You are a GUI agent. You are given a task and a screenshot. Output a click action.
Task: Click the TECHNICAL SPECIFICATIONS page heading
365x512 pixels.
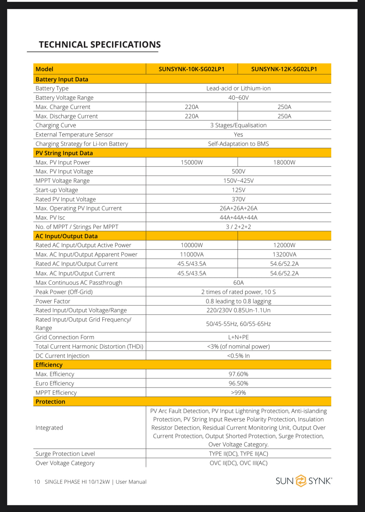100,45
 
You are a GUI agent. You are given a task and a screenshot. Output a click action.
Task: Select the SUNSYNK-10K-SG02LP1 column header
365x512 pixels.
191,69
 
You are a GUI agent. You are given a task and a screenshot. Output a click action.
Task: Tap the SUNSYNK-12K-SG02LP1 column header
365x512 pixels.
284,69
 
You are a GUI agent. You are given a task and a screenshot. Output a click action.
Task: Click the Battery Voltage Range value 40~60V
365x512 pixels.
238,98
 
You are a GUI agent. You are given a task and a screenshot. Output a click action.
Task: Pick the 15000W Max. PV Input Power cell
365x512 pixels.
192,162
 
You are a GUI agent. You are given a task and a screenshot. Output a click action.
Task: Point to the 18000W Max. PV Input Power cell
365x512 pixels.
284,162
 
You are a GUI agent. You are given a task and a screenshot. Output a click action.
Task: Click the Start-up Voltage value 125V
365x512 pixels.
238,190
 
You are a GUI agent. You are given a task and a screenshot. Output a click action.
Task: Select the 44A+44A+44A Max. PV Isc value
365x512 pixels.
238,218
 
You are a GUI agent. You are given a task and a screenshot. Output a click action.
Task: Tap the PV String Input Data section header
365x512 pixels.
64,153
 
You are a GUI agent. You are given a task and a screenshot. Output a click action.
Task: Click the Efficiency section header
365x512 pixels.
49,365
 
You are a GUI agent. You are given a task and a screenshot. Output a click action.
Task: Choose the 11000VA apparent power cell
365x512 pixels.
192,254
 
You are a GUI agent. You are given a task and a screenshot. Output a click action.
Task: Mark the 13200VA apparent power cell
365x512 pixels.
284,254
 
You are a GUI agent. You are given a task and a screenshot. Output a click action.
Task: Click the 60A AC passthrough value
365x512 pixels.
238,283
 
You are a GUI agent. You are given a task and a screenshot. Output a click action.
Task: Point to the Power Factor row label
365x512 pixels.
53,301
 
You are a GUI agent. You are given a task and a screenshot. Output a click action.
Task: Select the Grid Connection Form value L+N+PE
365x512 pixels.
238,337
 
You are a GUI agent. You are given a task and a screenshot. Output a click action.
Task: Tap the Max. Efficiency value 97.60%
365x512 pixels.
238,374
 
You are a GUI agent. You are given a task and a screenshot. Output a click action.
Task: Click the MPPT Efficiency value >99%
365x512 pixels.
238,393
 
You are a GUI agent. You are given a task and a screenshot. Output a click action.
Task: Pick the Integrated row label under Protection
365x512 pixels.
49,428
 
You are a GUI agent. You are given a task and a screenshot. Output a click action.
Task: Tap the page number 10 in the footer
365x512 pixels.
37,482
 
